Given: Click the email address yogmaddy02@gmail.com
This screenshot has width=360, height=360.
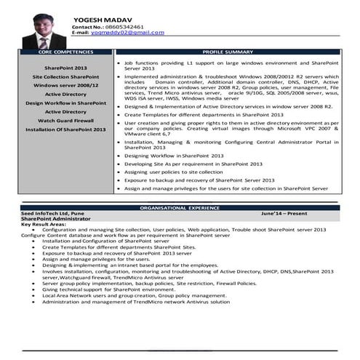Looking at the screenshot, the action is click(x=127, y=33).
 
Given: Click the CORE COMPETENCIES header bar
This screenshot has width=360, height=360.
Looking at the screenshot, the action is click(x=65, y=52).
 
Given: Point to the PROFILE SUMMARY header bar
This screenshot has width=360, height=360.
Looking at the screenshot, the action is click(x=228, y=52).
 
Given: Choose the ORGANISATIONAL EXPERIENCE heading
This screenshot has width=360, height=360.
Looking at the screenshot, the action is click(x=180, y=207).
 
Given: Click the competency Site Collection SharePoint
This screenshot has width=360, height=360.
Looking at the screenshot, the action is click(x=65, y=76).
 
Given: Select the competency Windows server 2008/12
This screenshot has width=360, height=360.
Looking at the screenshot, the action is click(x=65, y=85).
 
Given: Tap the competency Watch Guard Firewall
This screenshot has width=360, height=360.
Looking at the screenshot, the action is click(x=65, y=120).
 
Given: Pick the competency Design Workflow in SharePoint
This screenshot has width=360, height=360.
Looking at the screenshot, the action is click(x=65, y=103).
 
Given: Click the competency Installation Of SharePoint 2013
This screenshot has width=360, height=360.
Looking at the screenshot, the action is click(x=65, y=129).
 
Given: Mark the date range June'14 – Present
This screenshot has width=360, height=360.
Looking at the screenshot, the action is click(x=284, y=213).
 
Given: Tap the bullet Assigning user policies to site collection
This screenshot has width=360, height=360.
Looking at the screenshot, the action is click(x=177, y=172).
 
